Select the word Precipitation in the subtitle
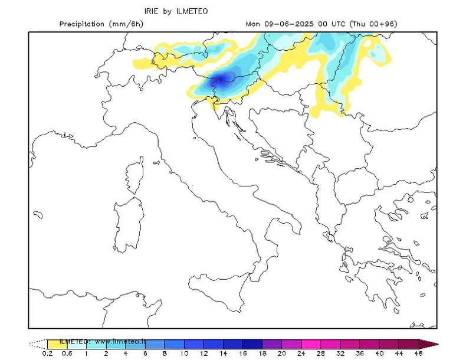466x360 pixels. pyautogui.click(x=82, y=24)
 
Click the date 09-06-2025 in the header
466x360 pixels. pyautogui.click(x=284, y=24)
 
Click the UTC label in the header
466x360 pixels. pyautogui.click(x=339, y=24)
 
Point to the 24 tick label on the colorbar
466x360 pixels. pyautogui.click(x=301, y=354)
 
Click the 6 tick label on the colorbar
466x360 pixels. pyautogui.click(x=145, y=354)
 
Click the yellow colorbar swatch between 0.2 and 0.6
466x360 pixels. pyautogui.click(x=57, y=343)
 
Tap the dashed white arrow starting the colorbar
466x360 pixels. pyautogui.click(x=38, y=343)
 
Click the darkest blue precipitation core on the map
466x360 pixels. pyautogui.click(x=220, y=78)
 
